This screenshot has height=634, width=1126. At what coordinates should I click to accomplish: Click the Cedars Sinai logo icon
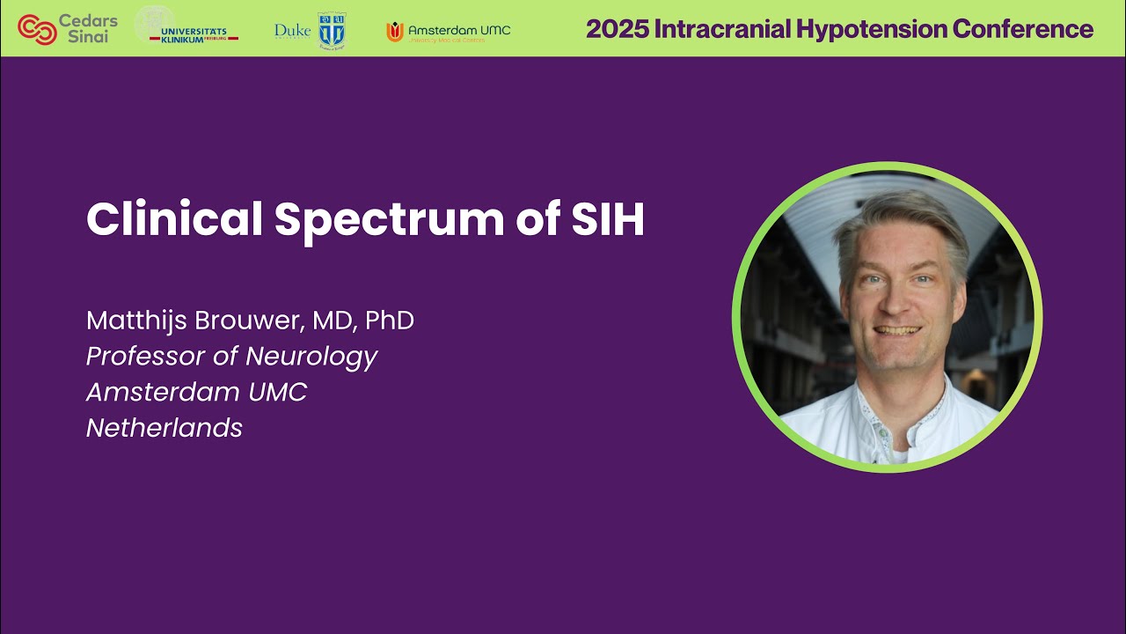37,29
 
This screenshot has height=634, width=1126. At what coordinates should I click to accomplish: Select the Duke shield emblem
332,30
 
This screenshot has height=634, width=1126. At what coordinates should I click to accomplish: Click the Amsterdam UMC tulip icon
395,31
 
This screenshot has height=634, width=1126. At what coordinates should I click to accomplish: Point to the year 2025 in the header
615,29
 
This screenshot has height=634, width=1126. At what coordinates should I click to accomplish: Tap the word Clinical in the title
174,220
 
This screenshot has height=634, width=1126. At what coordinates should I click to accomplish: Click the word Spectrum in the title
388,220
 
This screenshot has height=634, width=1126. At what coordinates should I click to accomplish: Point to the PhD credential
389,321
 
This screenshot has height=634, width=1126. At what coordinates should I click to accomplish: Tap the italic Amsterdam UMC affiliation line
196,392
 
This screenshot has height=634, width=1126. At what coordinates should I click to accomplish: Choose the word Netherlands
165,428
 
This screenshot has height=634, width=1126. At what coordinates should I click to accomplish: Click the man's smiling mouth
896,332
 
